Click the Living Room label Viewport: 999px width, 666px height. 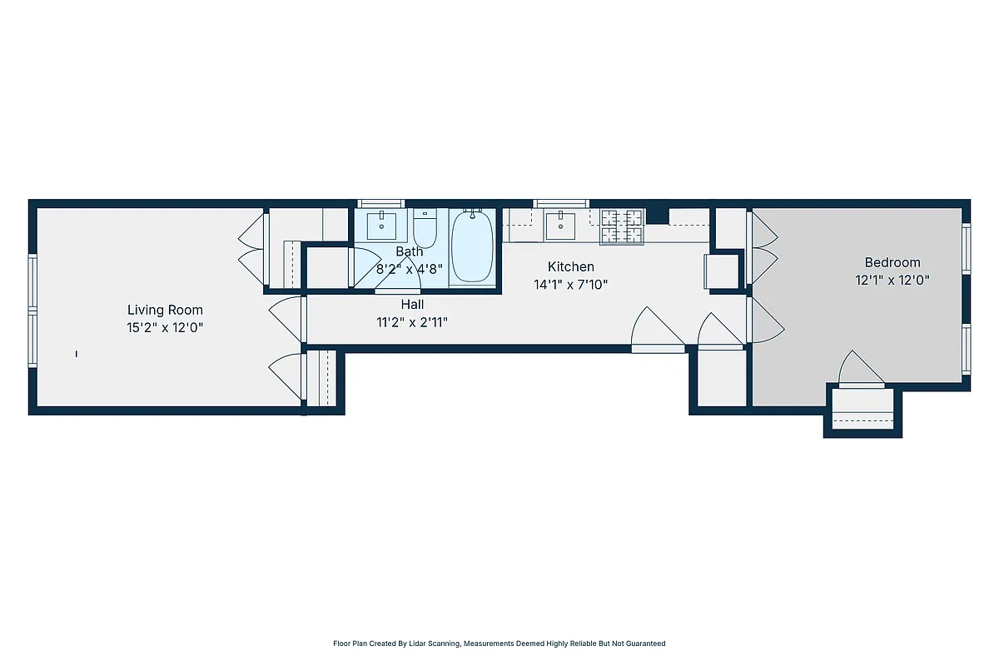coord(165,311)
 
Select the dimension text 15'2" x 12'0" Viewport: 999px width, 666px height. coord(165,328)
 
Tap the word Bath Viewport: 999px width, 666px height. coord(409,251)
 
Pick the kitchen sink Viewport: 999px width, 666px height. coord(560,223)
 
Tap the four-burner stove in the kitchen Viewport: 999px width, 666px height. coord(623,226)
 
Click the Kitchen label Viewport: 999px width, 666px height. coord(570,267)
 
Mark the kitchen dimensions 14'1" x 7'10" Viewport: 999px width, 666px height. coord(570,285)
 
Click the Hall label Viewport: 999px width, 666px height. coord(412,305)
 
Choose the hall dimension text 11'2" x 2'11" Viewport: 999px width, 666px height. coord(412,322)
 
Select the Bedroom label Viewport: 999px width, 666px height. coord(892,262)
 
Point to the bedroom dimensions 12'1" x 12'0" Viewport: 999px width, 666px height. coord(892,281)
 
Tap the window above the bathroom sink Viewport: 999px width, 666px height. coord(380,203)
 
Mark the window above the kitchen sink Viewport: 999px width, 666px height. coord(560,203)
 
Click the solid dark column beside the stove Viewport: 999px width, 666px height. coord(658,216)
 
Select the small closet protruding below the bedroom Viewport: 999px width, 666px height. coord(862,411)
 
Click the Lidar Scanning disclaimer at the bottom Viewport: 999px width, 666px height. coord(499,644)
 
